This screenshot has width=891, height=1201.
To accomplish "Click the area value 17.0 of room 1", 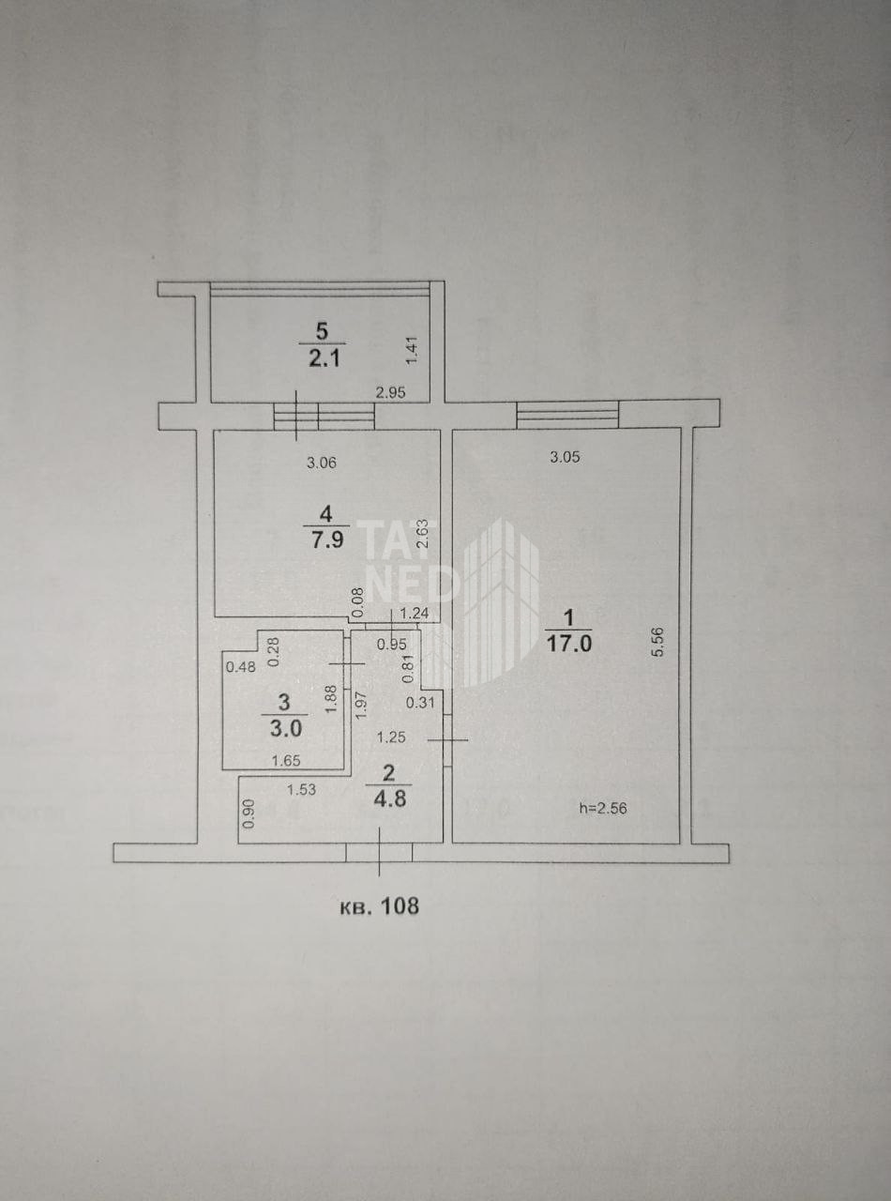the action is coord(569,644).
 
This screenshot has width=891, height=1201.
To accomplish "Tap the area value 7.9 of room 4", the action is coord(326,540).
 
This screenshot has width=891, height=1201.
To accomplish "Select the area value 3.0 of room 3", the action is coord(286,728).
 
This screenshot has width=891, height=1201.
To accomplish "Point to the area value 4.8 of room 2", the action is coord(390,798).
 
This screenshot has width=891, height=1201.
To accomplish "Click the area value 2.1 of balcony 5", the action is coord(325,357).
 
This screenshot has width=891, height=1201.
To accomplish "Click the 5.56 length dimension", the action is coord(658,642).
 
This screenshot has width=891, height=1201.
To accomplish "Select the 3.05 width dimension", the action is coord(565,457).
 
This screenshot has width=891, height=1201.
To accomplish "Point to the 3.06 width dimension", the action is coord(322,463).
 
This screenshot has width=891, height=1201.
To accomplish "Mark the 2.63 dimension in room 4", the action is coord(423,535).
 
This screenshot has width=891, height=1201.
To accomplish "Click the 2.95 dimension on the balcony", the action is coord(391,392).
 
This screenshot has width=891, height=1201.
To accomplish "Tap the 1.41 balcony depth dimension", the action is coord(412,350).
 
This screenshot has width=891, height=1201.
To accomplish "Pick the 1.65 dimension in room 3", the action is coord(286,760).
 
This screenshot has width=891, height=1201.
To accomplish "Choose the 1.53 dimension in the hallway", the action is coord(301,789).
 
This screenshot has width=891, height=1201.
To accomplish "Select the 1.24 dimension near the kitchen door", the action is coord(415,613).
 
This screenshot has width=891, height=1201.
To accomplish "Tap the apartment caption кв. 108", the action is coord(380,905).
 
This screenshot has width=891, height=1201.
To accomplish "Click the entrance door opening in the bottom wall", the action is coord(379,853).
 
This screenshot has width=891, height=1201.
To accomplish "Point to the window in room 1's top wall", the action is coord(567,415).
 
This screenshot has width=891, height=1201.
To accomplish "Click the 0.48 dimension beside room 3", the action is coord(241,667).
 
